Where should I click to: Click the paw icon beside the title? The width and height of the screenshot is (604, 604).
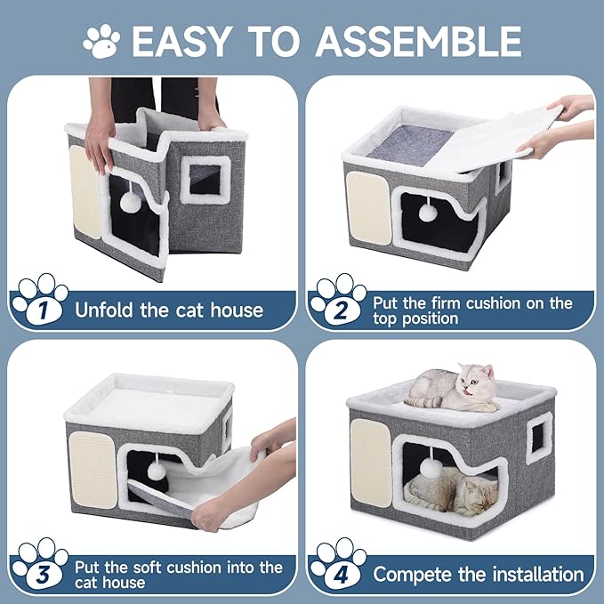[101, 40]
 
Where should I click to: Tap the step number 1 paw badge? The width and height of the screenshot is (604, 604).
[38, 302]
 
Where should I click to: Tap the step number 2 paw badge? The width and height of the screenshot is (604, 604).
[337, 302]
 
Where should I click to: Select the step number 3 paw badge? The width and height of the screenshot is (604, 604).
[38, 566]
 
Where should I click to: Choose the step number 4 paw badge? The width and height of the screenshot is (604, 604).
[337, 567]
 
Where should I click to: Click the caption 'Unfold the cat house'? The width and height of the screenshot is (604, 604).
[169, 310]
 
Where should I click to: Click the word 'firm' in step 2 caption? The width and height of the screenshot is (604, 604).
[444, 303]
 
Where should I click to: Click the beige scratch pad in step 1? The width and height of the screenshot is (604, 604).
[85, 190]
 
